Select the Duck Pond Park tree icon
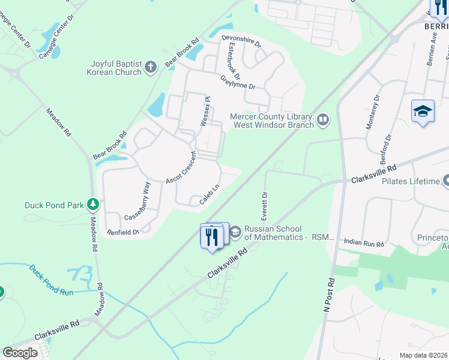(93, 205)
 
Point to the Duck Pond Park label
(54, 205)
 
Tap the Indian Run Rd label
(364, 241)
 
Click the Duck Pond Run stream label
(52, 280)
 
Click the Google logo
(20, 353)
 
